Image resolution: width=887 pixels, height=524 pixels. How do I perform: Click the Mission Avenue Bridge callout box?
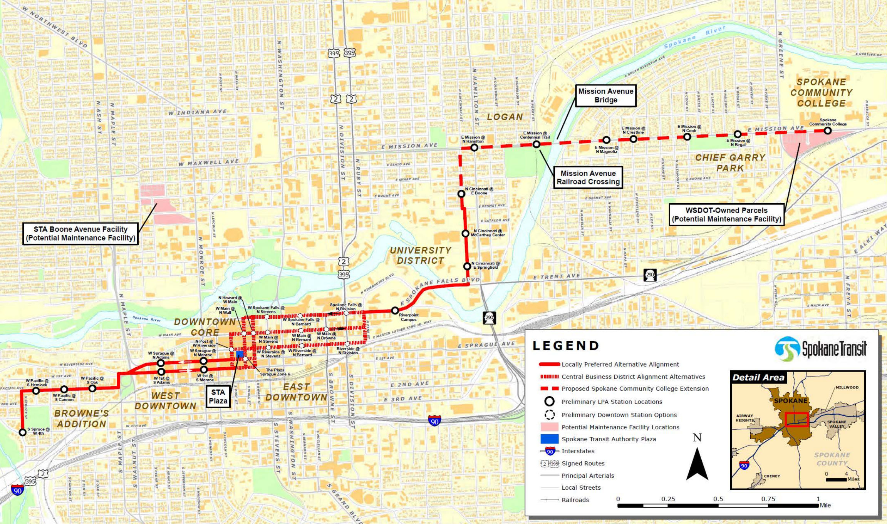pyautogui.click(x=605, y=95)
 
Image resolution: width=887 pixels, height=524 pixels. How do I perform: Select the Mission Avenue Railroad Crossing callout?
pyautogui.click(x=588, y=177)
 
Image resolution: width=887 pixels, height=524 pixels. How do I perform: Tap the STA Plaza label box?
pyautogui.click(x=218, y=397)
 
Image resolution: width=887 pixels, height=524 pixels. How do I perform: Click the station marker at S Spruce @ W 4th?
pyautogui.click(x=23, y=432)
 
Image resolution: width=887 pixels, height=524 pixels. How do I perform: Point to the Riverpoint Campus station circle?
pyautogui.click(x=395, y=310)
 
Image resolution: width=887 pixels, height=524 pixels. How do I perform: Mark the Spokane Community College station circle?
pyautogui.click(x=827, y=131)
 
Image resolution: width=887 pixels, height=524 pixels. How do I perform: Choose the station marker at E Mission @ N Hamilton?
pyautogui.click(x=474, y=147)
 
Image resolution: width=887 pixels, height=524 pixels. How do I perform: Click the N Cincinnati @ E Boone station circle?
pyautogui.click(x=461, y=194)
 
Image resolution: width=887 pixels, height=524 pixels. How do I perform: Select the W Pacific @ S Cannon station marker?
pyautogui.click(x=64, y=389)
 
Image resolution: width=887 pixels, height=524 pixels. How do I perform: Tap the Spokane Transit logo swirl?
pyautogui.click(x=786, y=349)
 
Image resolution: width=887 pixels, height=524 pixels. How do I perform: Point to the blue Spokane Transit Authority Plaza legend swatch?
pyautogui.click(x=549, y=439)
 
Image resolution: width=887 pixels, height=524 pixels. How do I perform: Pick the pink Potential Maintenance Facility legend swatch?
pyautogui.click(x=549, y=427)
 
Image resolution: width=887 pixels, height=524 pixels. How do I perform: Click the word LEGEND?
pyautogui.click(x=566, y=346)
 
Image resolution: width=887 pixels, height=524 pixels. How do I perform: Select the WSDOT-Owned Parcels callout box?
pyautogui.click(x=726, y=214)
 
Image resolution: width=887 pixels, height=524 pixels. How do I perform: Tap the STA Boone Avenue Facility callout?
pyautogui.click(x=80, y=233)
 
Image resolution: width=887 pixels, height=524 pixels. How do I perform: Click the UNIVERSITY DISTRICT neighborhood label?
pyautogui.click(x=420, y=255)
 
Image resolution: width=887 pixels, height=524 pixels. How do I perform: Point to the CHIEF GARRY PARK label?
pyautogui.click(x=730, y=162)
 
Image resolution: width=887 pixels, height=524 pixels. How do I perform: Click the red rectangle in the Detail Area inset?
pyautogui.click(x=797, y=420)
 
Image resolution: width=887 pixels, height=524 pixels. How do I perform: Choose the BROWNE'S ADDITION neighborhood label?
pyautogui.click(x=81, y=419)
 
